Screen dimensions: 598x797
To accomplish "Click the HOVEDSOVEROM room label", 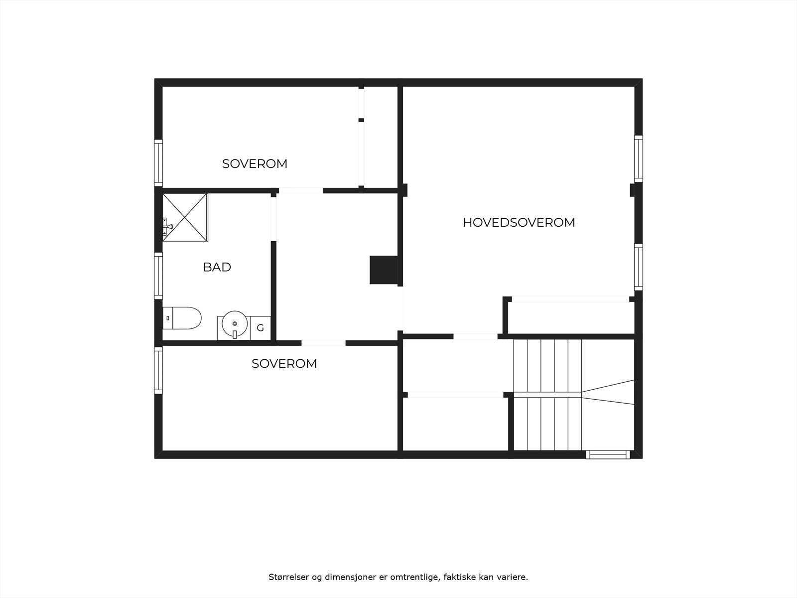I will click(519, 222).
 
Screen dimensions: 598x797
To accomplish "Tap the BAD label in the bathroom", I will click(217, 267).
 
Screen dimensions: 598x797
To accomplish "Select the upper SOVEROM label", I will click(255, 163).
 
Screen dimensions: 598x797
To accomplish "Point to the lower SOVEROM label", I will click(284, 364).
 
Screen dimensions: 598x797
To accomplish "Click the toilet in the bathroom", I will click(182, 318).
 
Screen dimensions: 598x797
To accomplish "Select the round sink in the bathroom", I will click(234, 324).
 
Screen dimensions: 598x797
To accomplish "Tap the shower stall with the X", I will click(185, 217).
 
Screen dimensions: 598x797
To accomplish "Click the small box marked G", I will click(260, 328).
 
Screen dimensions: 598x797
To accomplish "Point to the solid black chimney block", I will click(384, 270).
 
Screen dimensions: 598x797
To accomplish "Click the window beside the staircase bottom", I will click(607, 454).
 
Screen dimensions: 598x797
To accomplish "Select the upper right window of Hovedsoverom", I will click(638, 158).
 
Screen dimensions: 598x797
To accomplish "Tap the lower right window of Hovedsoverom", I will click(638, 267).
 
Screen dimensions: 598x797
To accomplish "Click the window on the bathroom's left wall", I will click(158, 276).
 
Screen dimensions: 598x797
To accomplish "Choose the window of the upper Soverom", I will click(158, 163).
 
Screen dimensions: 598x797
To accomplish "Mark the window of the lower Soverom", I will click(158, 369).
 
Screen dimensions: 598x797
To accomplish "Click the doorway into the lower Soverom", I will click(323, 343).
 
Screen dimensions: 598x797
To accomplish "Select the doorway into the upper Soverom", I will click(300, 190).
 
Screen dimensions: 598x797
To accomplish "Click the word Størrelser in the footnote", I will click(288, 577).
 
